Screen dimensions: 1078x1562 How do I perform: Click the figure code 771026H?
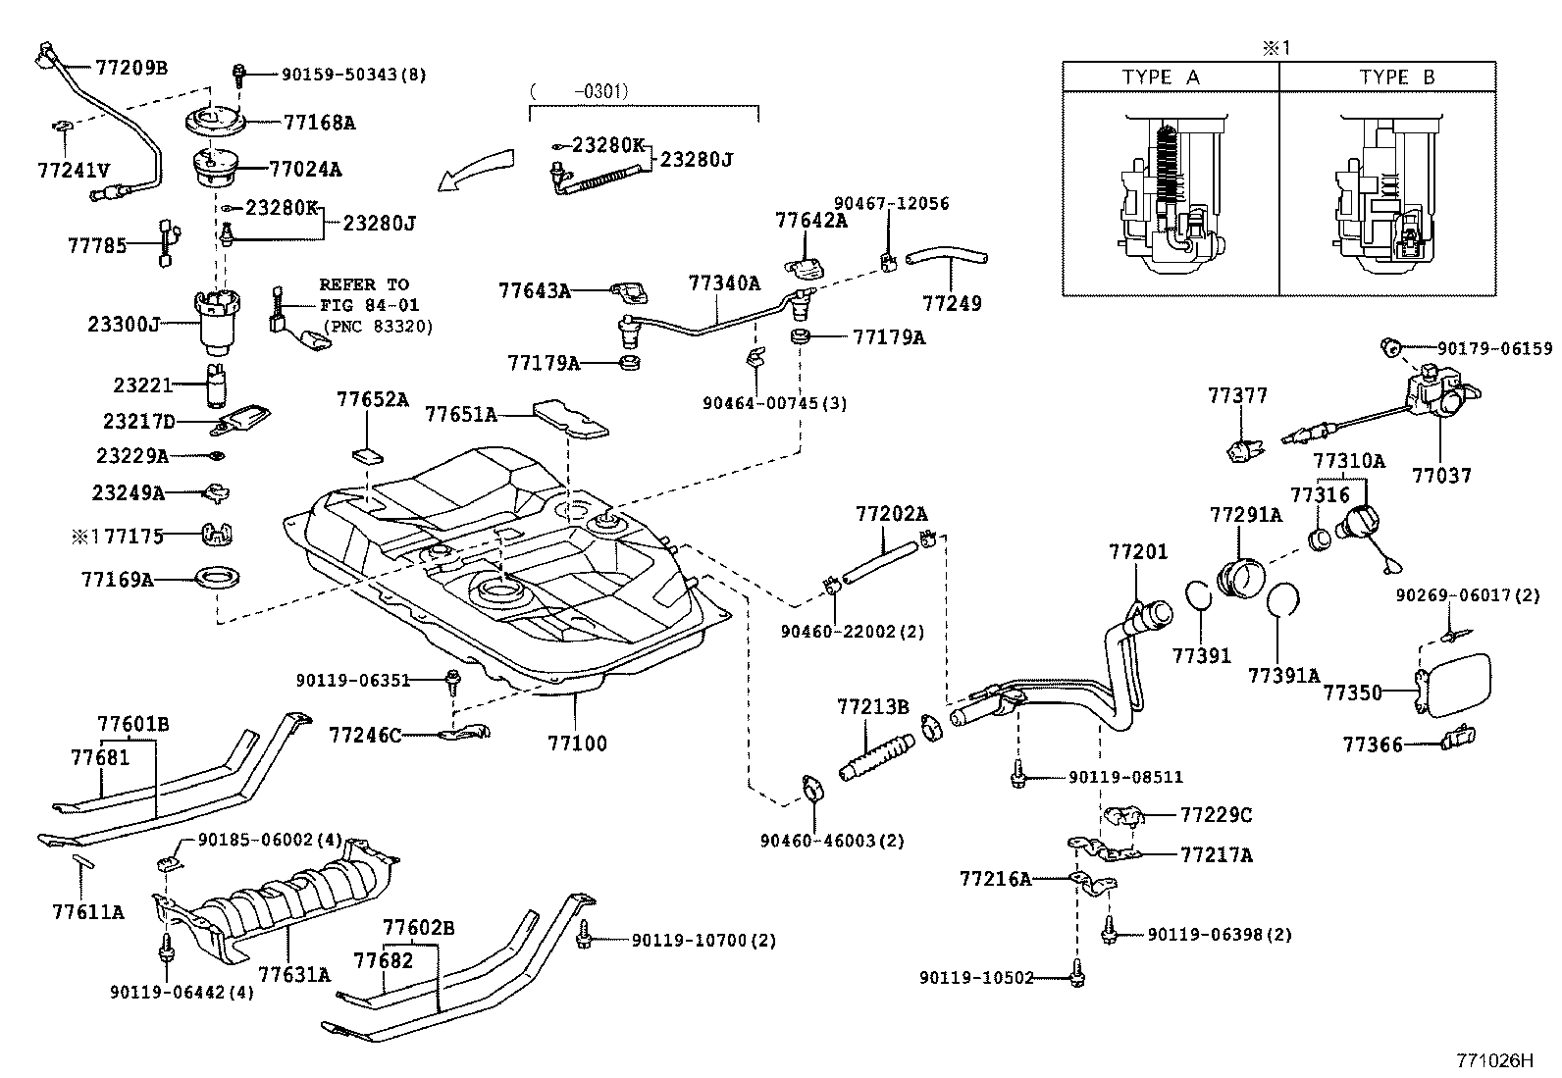(x=1492, y=1060)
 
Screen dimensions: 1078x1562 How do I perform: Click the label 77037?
(x=1441, y=475)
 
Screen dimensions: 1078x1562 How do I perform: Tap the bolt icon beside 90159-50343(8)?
(x=238, y=74)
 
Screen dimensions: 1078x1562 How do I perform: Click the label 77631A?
(x=294, y=974)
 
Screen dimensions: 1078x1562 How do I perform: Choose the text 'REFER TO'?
(x=364, y=284)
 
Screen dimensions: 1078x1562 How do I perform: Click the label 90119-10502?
(x=976, y=978)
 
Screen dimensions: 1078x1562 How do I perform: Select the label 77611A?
(x=88, y=911)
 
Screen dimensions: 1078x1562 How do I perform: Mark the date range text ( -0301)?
(x=578, y=91)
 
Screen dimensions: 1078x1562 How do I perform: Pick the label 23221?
(x=142, y=385)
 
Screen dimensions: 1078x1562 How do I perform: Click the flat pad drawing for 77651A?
(x=571, y=417)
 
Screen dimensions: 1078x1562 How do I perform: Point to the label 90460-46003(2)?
(x=832, y=841)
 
